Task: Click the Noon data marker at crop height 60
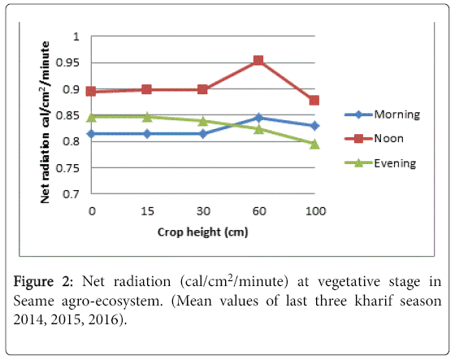258,60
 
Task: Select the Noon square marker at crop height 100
314,101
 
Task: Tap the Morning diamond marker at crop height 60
258,118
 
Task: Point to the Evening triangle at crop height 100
314,144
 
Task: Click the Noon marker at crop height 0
91,92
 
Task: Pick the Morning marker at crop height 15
147,134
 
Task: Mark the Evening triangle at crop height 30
203,121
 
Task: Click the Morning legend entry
382,115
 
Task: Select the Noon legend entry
374,138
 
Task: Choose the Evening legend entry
380,163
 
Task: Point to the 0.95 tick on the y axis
67,63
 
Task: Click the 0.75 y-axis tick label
67,167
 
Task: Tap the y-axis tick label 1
76,37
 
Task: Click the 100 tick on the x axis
316,211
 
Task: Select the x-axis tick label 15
147,211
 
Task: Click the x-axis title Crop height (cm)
203,232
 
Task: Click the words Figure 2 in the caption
43,282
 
